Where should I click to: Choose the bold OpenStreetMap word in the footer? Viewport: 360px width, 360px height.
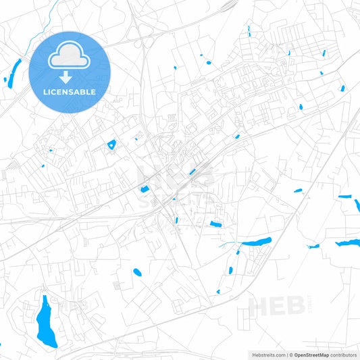tap(311, 355)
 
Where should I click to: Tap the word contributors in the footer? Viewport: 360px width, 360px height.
tap(344, 355)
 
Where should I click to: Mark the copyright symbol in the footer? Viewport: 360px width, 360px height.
tap(290, 355)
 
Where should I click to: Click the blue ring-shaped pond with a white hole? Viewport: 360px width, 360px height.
tap(111, 144)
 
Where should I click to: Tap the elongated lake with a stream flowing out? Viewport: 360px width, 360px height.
tap(256, 241)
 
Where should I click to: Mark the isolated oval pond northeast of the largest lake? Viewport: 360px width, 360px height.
tap(137, 272)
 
